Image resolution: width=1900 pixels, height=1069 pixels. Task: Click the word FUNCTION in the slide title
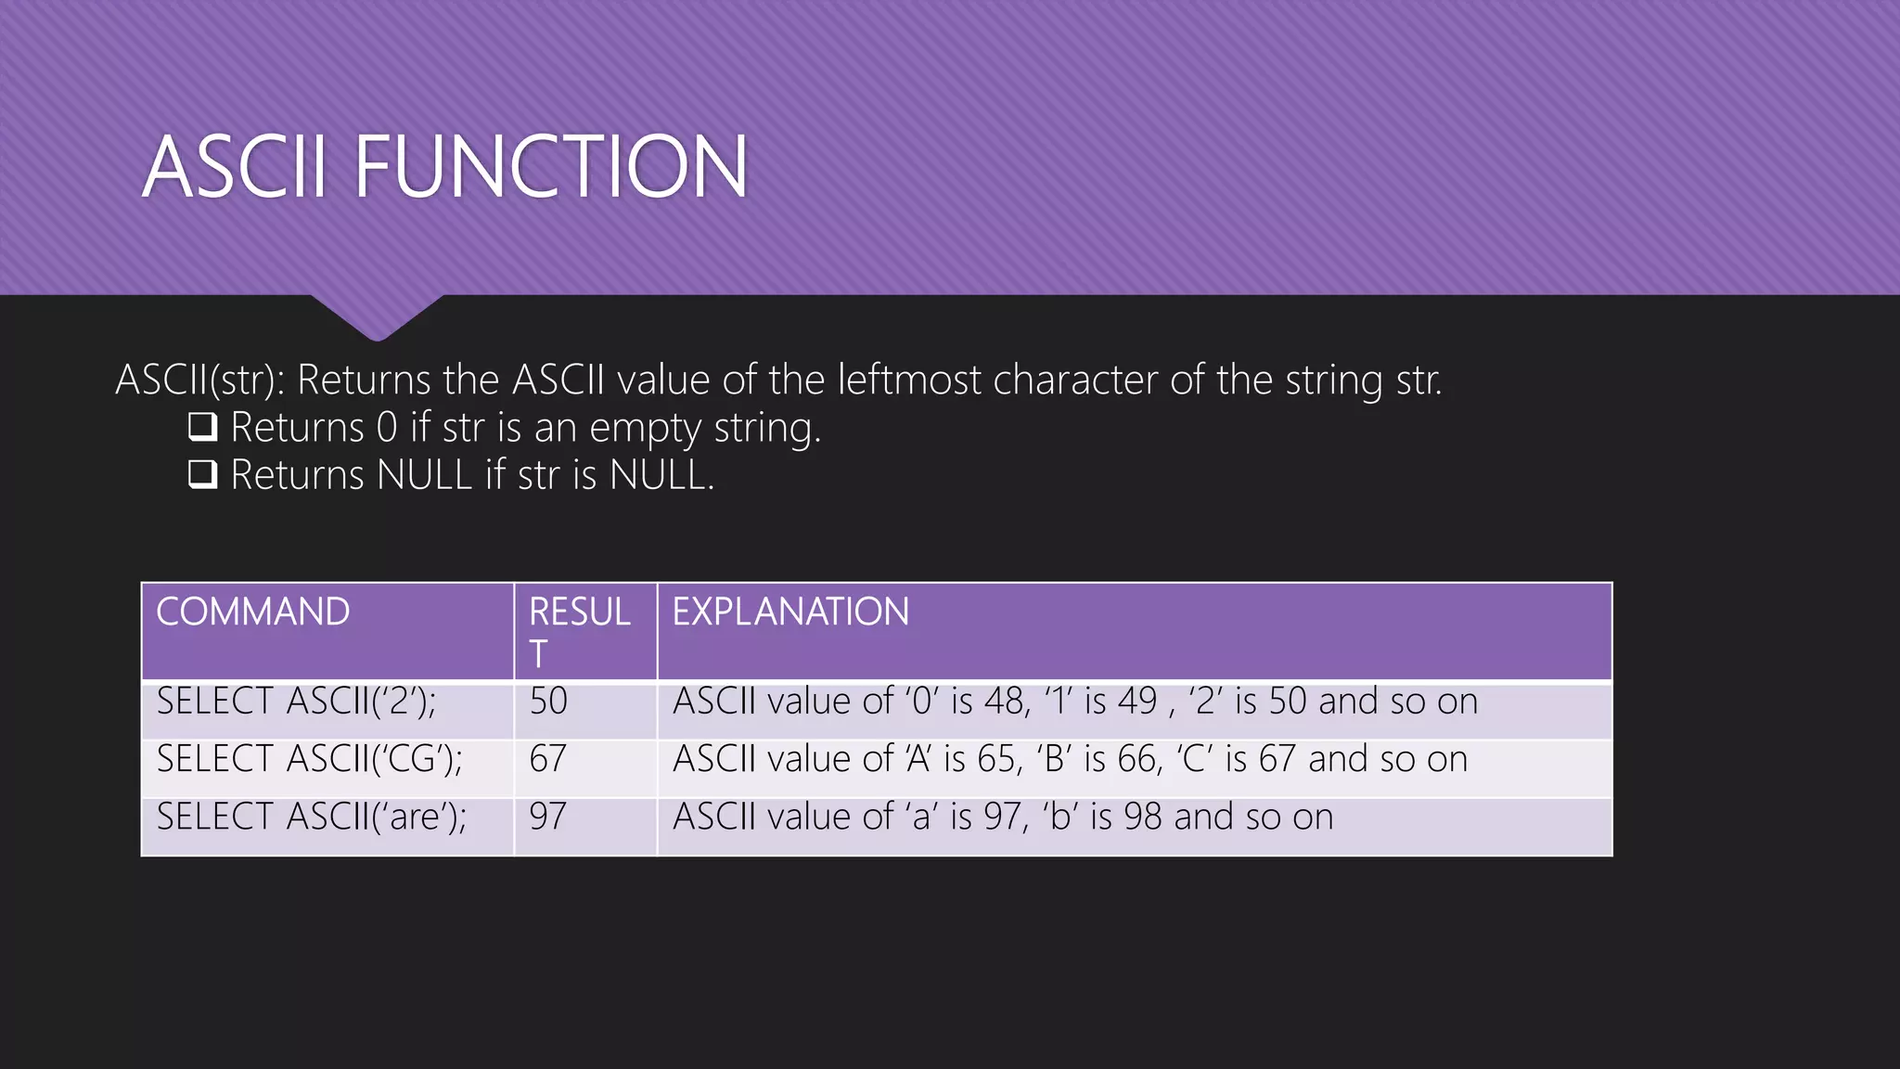point(551,167)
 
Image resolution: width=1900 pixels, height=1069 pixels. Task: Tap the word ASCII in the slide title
point(235,167)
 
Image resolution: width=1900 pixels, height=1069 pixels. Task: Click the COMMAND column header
point(253,612)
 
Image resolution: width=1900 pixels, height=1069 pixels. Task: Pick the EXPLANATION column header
point(790,612)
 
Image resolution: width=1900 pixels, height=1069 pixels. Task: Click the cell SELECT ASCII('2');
point(296,702)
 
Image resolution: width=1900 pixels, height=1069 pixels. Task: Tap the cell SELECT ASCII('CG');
point(309,759)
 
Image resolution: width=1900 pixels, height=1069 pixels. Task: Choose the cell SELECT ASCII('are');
point(311,817)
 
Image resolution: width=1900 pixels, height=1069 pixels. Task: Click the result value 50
point(548,702)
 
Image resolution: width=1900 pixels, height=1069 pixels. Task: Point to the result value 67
point(548,759)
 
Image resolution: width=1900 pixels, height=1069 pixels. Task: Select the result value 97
point(548,817)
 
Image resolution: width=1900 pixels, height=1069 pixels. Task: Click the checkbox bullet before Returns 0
point(202,427)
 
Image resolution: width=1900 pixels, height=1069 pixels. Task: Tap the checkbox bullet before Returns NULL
point(202,474)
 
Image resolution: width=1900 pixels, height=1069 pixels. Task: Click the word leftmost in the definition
point(908,380)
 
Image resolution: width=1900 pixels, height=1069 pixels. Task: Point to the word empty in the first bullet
point(646,429)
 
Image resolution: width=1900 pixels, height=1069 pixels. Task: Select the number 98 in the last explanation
point(1142,817)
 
